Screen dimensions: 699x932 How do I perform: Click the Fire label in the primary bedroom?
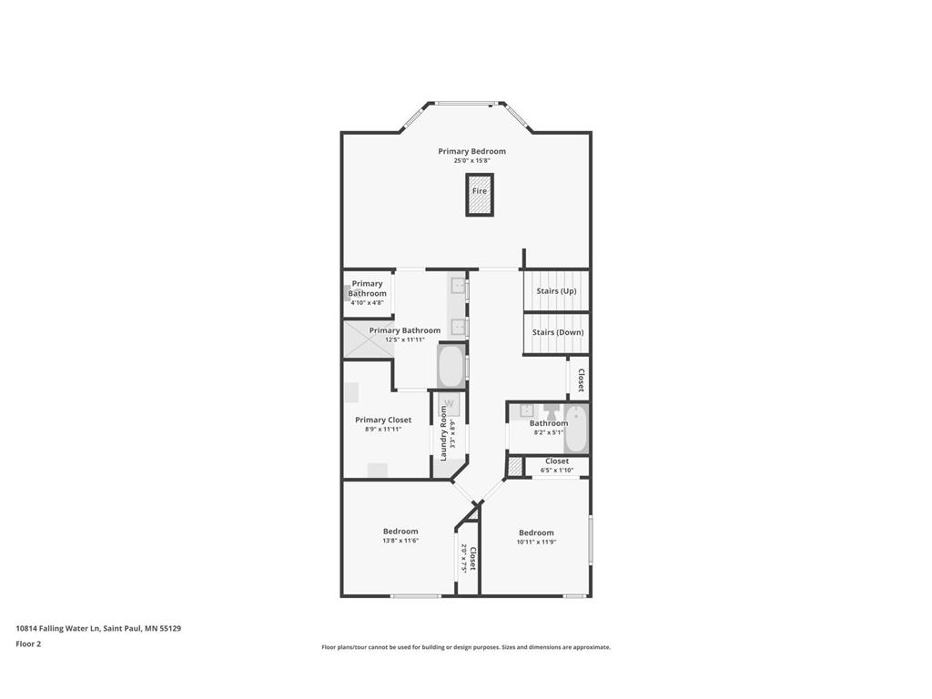[480, 191]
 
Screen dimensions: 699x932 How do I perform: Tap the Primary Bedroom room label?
[471, 151]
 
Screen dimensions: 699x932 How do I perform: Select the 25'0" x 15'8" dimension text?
[471, 161]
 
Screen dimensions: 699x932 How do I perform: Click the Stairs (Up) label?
[555, 291]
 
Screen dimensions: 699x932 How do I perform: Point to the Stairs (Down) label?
[557, 332]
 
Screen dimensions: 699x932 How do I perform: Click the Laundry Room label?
[444, 432]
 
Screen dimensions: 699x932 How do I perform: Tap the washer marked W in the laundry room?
[448, 405]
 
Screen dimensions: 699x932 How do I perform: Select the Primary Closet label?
[383, 420]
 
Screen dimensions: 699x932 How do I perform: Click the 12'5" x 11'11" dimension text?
[405, 339]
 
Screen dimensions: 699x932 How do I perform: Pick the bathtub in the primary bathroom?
[451, 366]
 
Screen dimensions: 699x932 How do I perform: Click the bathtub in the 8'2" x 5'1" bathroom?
[576, 430]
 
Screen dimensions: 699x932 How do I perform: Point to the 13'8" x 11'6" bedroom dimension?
[400, 541]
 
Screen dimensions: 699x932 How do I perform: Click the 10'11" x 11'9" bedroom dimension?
[536, 542]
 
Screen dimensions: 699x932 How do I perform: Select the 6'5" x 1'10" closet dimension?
[557, 471]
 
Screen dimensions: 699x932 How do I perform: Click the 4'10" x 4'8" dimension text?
[368, 302]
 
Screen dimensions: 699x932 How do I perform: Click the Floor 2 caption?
[28, 643]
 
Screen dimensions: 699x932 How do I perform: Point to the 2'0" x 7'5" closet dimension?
[463, 558]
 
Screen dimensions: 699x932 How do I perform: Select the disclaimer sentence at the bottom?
[465, 647]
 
